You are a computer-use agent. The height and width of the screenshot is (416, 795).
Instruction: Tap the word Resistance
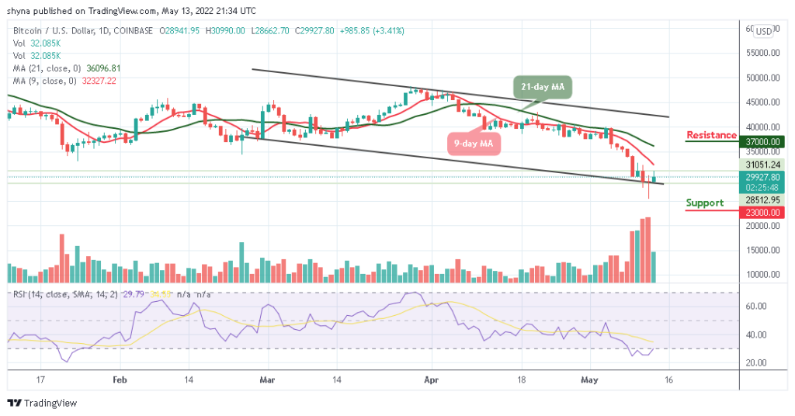711,135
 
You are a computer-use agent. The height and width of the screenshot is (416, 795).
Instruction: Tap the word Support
705,203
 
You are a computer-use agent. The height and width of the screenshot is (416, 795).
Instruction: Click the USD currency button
764,31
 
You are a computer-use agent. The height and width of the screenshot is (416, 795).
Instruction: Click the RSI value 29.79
139,294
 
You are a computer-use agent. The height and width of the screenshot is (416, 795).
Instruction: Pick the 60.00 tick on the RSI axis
758,307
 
